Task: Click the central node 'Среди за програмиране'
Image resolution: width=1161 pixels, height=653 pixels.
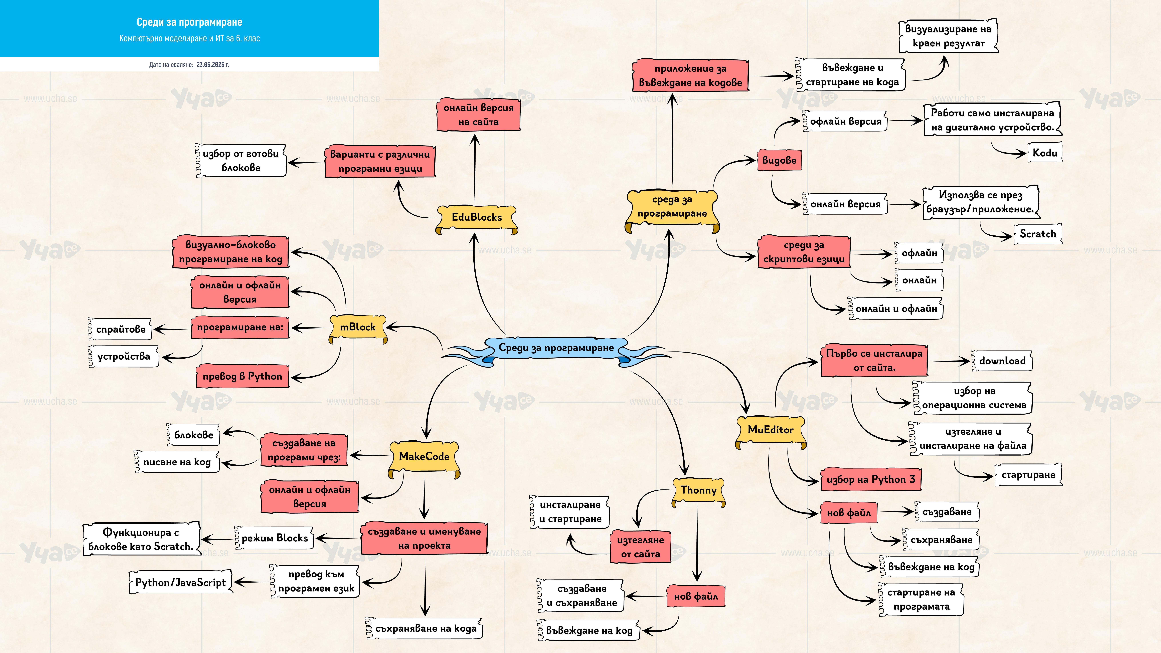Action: click(x=556, y=348)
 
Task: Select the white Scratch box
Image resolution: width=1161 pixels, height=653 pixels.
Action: click(x=1037, y=234)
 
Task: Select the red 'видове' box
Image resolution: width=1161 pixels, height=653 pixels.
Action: click(x=779, y=160)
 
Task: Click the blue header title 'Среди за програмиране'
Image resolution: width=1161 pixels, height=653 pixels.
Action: click(x=189, y=22)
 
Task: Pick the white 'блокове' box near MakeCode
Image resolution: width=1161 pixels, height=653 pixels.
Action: click(x=193, y=435)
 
